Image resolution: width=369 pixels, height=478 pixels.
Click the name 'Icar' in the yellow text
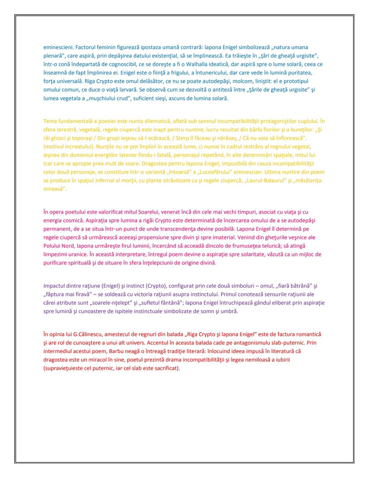[x=48, y=164]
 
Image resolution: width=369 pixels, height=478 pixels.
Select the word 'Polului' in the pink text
[x=52, y=246]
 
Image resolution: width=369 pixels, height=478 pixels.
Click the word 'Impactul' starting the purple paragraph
[x=54, y=286]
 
